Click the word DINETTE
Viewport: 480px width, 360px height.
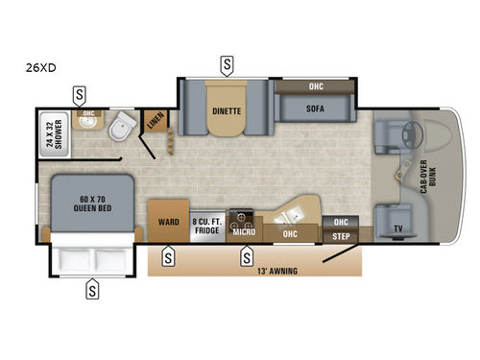227,110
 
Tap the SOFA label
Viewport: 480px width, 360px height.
316,109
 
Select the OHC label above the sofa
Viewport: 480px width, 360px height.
316,87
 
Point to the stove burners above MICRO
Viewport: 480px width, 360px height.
242,217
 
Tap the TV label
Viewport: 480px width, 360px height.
396,229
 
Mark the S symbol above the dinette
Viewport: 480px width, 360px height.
227,66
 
